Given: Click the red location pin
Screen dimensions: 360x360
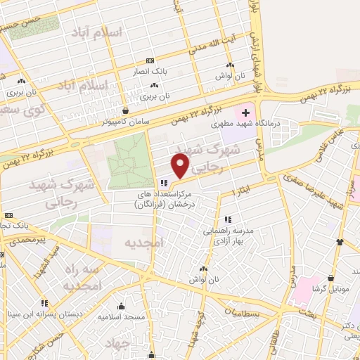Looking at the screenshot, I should [181, 166].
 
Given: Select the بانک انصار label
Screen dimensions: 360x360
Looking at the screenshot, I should [151, 71].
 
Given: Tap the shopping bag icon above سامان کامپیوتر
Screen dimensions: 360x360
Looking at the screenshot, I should [126, 110].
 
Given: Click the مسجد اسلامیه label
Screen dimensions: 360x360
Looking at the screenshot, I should [122, 317].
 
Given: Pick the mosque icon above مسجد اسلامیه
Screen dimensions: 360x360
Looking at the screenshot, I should [122, 307].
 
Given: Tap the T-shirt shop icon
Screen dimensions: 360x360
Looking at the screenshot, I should [340, 243].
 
